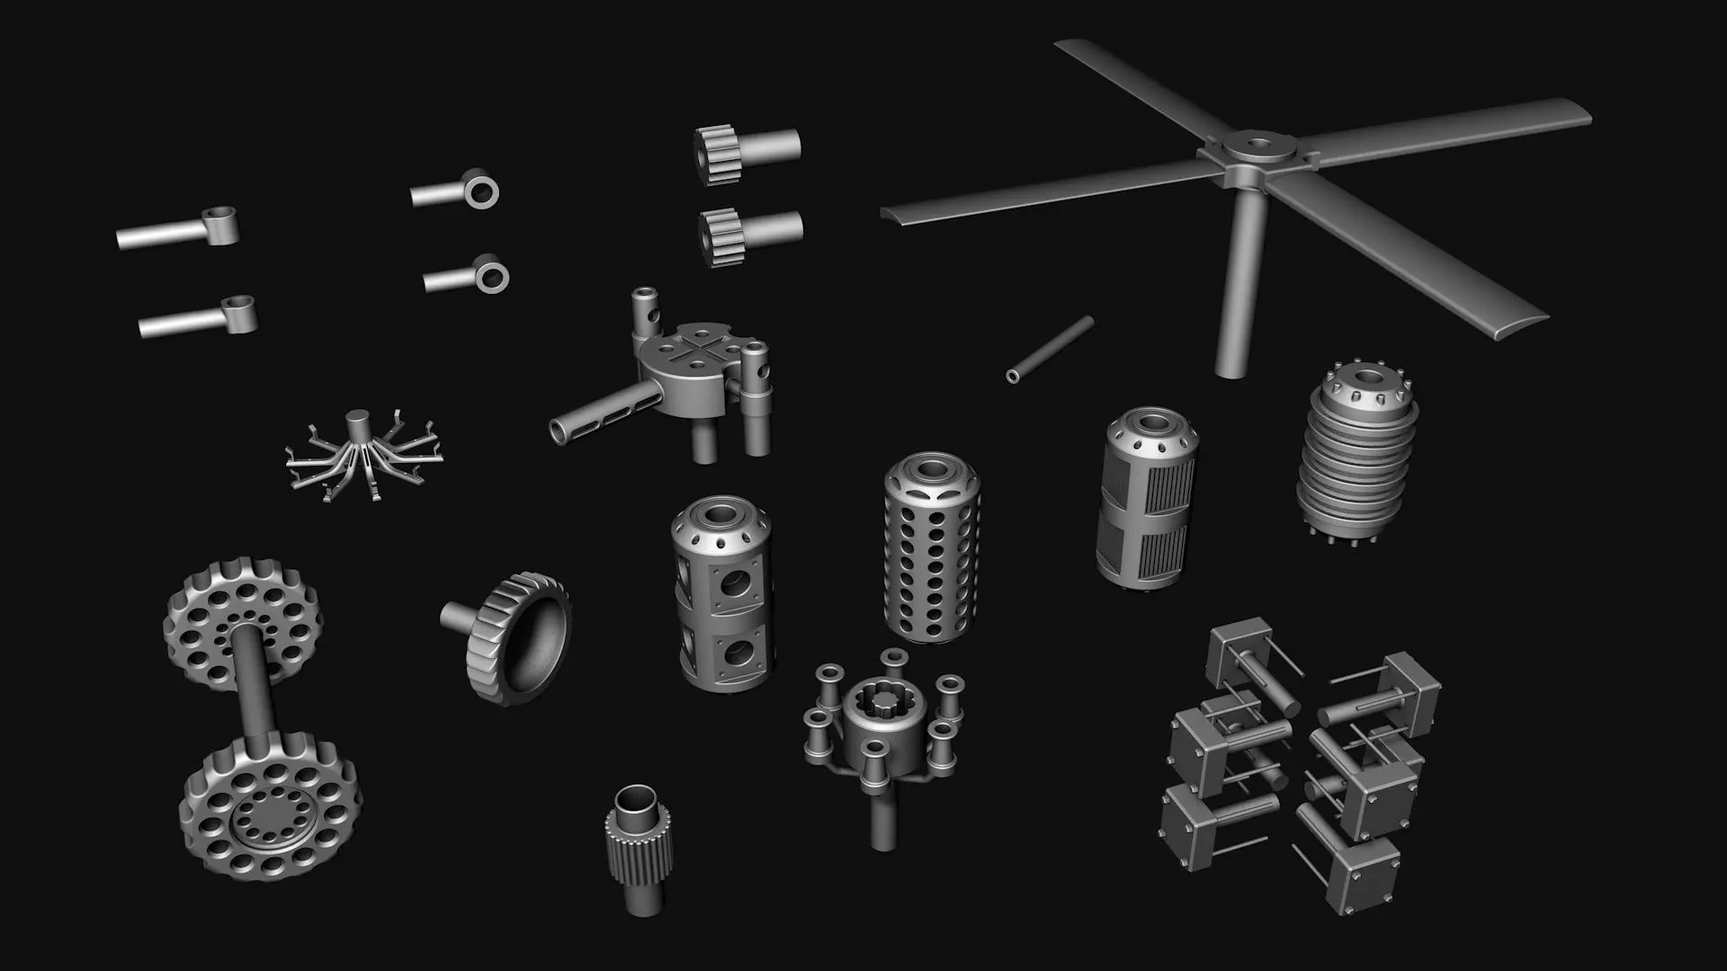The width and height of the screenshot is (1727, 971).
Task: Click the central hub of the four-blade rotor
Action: tap(1254, 147)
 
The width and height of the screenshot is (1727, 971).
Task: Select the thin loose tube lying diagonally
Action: tap(1050, 349)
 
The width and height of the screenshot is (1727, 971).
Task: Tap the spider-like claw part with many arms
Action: tap(360, 455)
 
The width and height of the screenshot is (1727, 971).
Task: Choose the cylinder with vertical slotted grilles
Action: tap(1147, 503)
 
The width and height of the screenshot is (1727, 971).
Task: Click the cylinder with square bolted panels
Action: tap(721, 593)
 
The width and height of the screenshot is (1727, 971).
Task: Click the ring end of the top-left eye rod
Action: tap(218, 222)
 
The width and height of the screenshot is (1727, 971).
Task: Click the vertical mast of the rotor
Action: tap(1237, 288)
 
